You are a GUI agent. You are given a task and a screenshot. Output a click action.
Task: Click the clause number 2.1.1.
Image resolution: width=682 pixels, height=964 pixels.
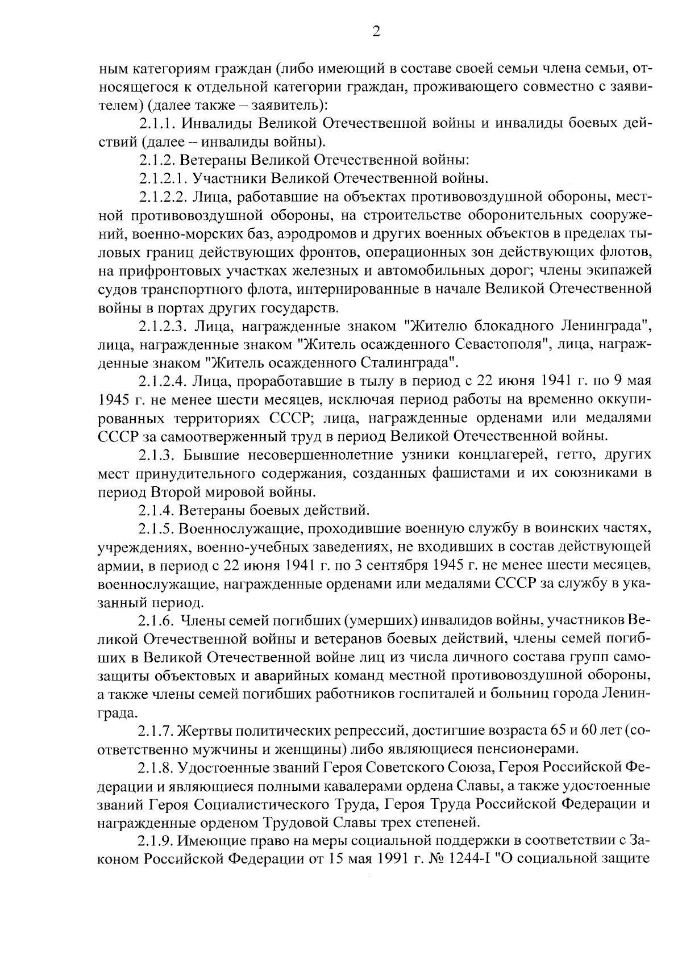pos(156,124)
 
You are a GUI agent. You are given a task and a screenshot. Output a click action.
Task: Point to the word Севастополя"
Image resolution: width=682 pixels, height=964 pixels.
pos(500,344)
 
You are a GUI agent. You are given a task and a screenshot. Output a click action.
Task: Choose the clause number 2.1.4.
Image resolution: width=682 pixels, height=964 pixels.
pos(156,509)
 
